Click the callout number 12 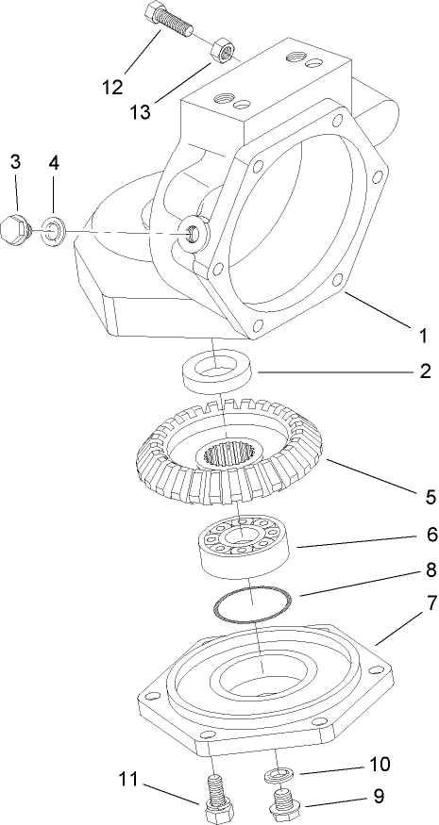click(x=112, y=88)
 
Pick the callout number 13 click(x=140, y=113)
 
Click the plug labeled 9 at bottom click(x=280, y=801)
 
